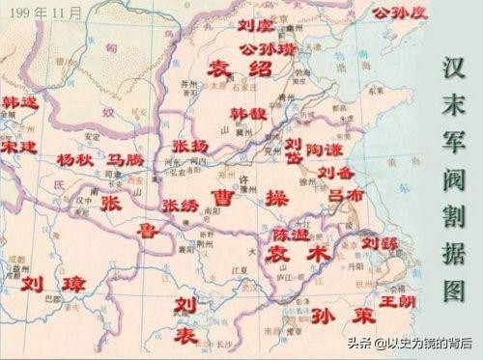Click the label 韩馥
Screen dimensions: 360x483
(248, 113)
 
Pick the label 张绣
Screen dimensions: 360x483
(180, 206)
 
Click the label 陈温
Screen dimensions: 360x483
(289, 234)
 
